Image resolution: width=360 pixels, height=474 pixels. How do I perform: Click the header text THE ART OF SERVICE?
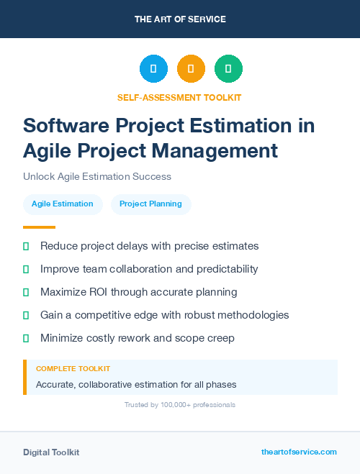click(180, 19)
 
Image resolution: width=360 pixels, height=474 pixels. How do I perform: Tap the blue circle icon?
click(153, 69)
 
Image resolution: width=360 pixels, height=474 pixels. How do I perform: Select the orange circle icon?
click(191, 69)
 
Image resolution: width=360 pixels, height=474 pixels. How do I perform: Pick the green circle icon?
click(228, 69)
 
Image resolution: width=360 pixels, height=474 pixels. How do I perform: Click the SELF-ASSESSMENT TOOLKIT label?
click(180, 97)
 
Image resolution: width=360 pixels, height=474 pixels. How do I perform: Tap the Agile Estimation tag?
click(63, 204)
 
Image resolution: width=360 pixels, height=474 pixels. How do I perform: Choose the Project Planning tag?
click(150, 204)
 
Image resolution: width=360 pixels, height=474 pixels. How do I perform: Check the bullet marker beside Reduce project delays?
click(26, 246)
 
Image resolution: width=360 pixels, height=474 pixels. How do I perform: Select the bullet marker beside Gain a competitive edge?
click(26, 315)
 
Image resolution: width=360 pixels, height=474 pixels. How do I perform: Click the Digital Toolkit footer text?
click(51, 452)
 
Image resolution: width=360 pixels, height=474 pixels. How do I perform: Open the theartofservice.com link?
click(299, 452)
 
